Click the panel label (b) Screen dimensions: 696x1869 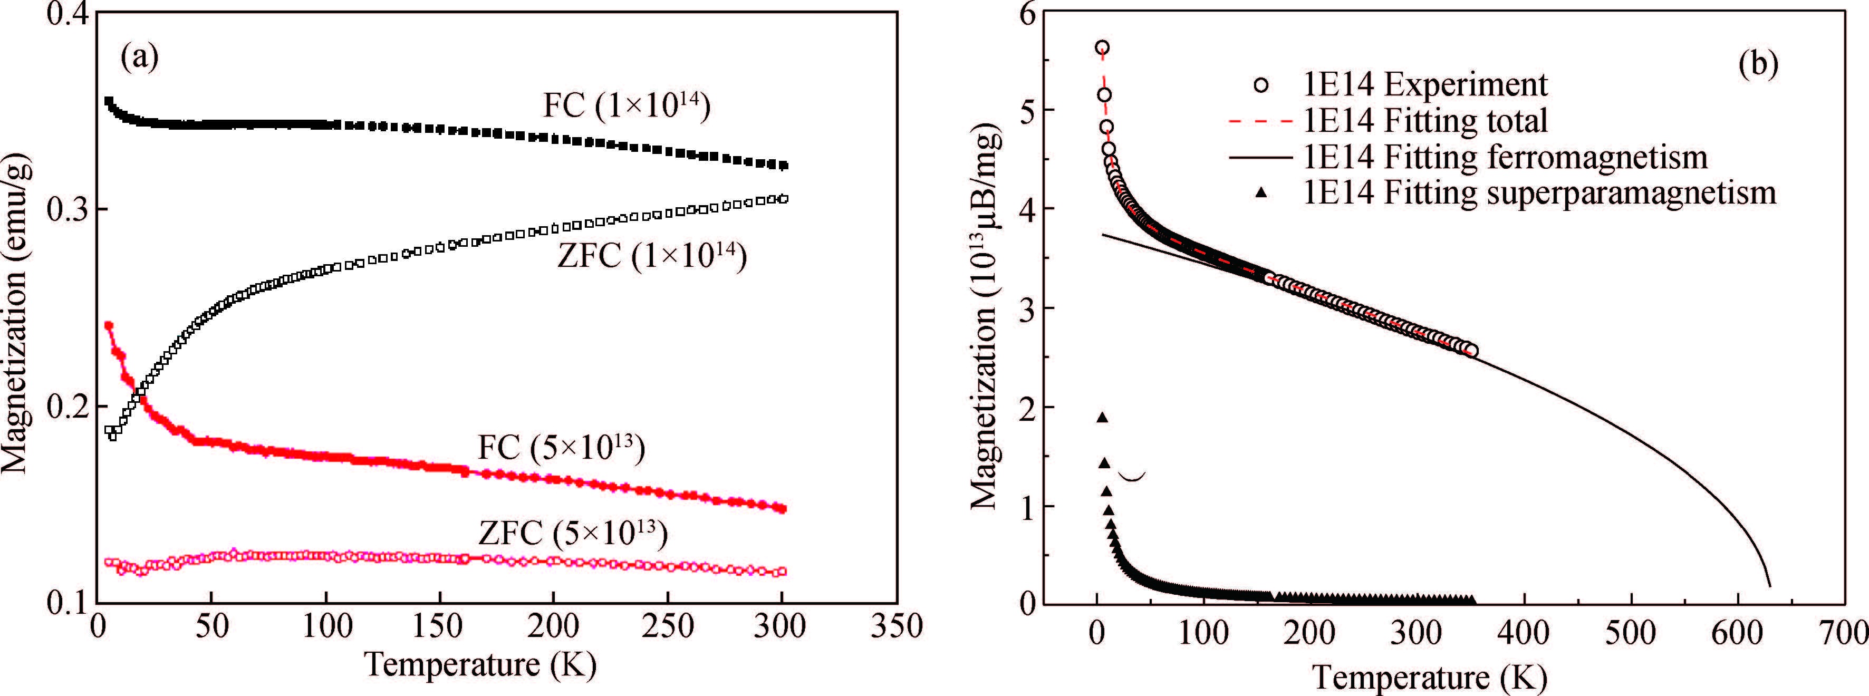click(1758, 65)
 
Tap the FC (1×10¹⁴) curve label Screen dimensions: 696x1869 click(626, 105)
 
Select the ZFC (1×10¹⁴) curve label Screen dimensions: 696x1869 click(651, 257)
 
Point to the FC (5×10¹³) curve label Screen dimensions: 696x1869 click(561, 447)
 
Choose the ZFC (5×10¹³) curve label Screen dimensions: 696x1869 click(572, 534)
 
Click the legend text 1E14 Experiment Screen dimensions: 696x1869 click(1425, 85)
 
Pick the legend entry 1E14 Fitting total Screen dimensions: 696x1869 click(1425, 120)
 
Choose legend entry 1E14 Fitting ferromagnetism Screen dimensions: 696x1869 click(1505, 157)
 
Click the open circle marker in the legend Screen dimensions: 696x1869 click(1261, 85)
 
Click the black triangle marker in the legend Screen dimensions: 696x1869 click(1261, 192)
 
